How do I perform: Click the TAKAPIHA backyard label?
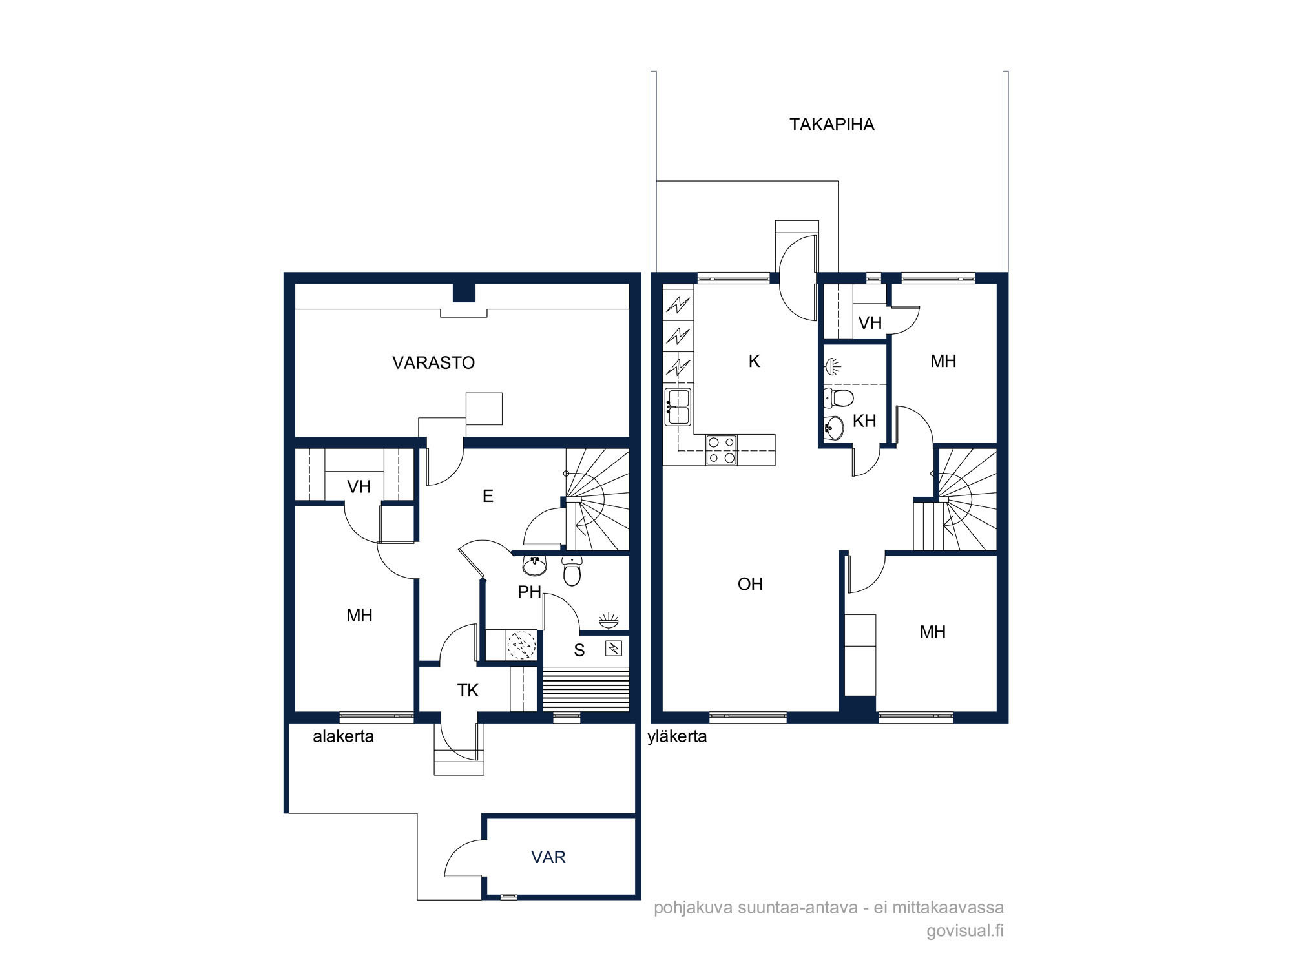[x=831, y=124]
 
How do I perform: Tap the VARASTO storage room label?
[x=433, y=362]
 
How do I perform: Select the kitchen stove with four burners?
[x=722, y=450]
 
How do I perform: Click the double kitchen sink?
[x=678, y=407]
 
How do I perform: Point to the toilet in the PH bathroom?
[x=572, y=570]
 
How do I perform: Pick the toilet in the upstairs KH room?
[x=839, y=397]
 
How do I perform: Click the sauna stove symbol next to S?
[x=613, y=648]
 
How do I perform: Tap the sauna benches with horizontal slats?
[x=586, y=690]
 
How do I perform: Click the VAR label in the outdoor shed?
[x=548, y=857]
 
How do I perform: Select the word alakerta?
[x=343, y=736]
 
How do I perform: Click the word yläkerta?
[x=677, y=736]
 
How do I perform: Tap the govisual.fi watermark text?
[x=965, y=931]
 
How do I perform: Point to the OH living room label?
[x=750, y=584]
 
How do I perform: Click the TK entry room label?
[x=468, y=691]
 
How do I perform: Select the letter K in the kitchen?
[x=754, y=361]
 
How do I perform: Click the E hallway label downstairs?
[x=488, y=496]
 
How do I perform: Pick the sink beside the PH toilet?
[x=534, y=567]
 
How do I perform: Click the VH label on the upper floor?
[x=870, y=322]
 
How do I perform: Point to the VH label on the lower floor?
[x=359, y=486]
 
